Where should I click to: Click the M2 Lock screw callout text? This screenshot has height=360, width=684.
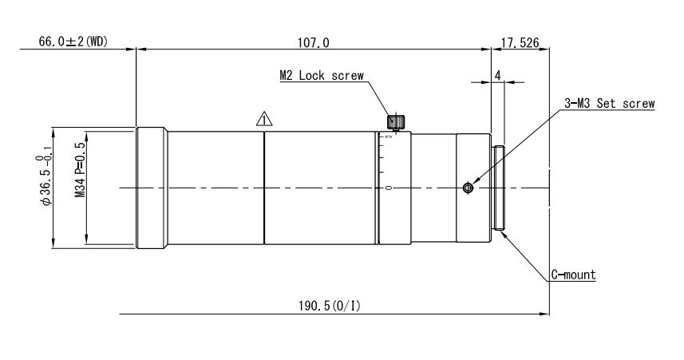321,77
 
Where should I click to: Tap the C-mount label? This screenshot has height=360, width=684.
574,275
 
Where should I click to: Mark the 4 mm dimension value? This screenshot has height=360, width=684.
497,75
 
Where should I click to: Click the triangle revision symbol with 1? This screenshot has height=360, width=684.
263,120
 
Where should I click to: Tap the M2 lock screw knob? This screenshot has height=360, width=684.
394,122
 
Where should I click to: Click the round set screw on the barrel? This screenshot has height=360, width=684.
468,188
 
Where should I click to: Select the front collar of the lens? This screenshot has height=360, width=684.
152,188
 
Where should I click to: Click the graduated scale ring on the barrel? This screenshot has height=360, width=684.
393,188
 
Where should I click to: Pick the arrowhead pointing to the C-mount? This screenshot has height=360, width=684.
504,232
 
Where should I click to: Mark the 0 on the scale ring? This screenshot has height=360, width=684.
388,188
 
